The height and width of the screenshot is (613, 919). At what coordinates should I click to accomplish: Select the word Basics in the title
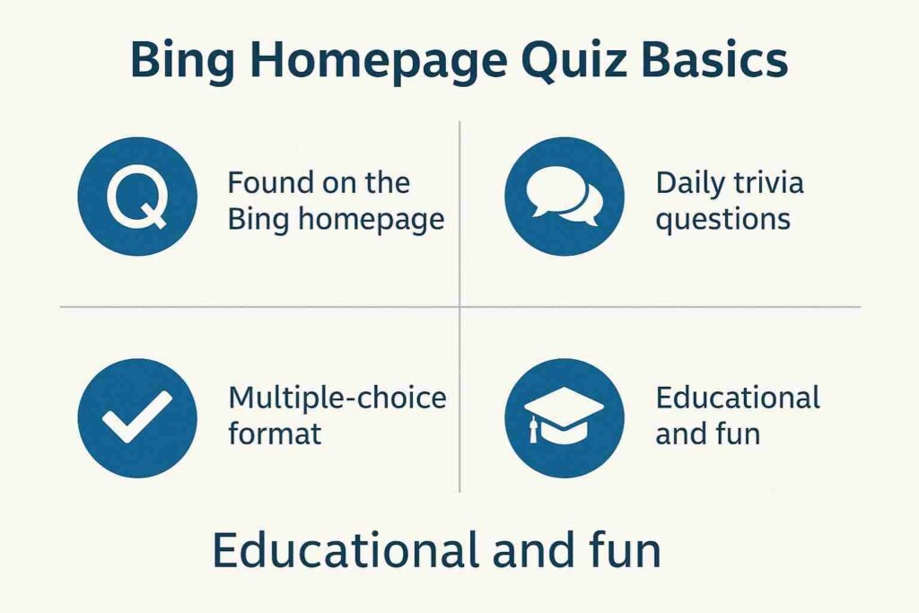(x=715, y=59)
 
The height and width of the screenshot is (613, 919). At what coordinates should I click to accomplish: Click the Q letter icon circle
(x=137, y=197)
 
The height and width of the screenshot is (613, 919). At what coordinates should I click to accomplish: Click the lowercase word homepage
(x=371, y=221)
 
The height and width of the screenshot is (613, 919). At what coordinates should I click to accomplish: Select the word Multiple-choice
(x=337, y=398)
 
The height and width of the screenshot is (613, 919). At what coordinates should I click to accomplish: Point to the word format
(x=275, y=433)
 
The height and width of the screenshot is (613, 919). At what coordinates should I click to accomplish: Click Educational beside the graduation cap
(x=738, y=398)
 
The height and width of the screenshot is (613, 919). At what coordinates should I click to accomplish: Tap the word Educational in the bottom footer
(x=346, y=549)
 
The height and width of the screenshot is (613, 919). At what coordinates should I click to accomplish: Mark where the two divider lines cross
(x=459, y=307)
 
